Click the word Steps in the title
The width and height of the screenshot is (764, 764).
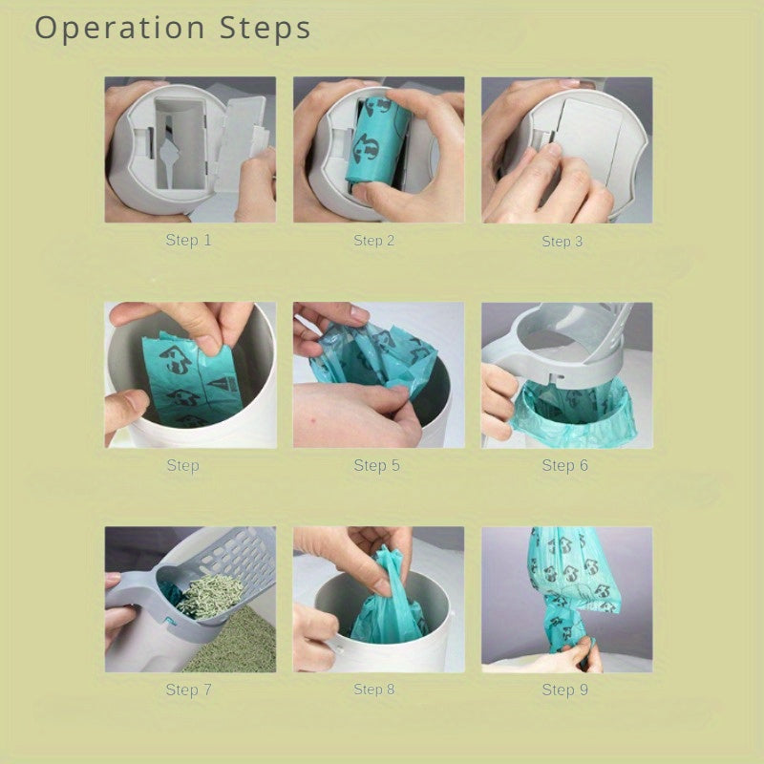(265, 28)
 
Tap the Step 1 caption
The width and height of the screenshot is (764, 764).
(188, 240)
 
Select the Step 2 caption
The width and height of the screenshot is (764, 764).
(374, 241)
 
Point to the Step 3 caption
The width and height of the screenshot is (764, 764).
(562, 242)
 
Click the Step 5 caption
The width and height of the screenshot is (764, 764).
(376, 465)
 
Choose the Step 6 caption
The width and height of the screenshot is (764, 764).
(565, 465)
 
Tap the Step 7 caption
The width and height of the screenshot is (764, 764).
(188, 690)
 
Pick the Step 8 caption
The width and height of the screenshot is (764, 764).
(374, 689)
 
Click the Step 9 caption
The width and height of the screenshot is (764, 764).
(565, 690)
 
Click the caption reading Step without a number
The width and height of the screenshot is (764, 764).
(182, 465)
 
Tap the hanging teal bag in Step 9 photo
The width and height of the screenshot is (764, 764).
(570, 589)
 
